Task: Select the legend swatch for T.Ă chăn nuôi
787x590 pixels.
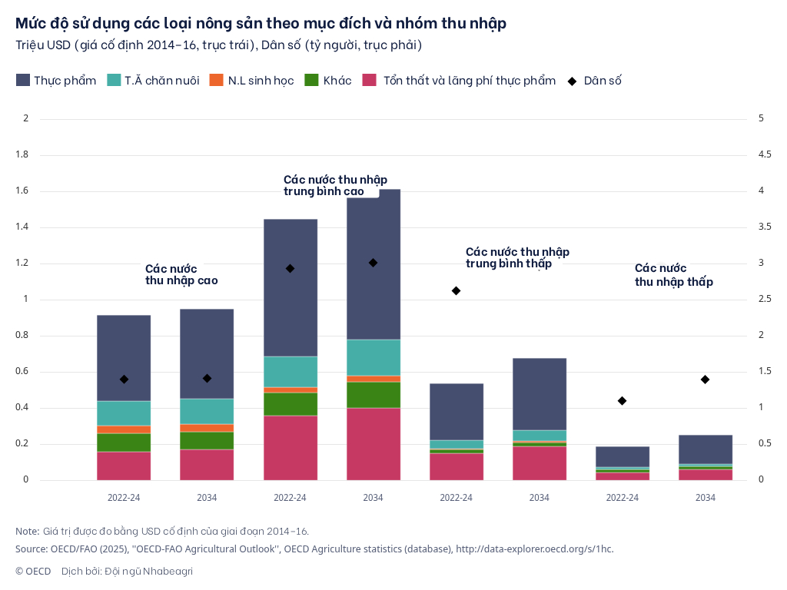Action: click(x=114, y=80)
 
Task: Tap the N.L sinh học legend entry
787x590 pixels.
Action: click(x=217, y=80)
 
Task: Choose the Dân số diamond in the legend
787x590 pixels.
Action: click(x=572, y=80)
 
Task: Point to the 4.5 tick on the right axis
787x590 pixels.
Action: click(x=764, y=154)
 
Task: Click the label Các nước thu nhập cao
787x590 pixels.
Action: click(x=181, y=274)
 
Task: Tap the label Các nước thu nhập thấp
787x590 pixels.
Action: click(x=673, y=275)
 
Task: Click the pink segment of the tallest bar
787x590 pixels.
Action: click(x=374, y=444)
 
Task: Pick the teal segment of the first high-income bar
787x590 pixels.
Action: click(x=124, y=413)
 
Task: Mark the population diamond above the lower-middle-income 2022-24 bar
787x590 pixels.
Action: click(x=456, y=290)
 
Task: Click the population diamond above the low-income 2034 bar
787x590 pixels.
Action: click(x=705, y=380)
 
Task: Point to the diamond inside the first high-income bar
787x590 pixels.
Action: click(x=124, y=380)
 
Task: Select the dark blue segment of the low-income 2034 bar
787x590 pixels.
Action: click(x=705, y=449)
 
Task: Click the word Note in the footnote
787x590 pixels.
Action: click(x=27, y=531)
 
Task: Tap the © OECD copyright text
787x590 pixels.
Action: click(x=33, y=571)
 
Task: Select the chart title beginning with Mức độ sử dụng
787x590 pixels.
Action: click(x=261, y=24)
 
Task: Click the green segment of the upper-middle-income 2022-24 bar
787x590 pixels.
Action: click(x=291, y=404)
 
